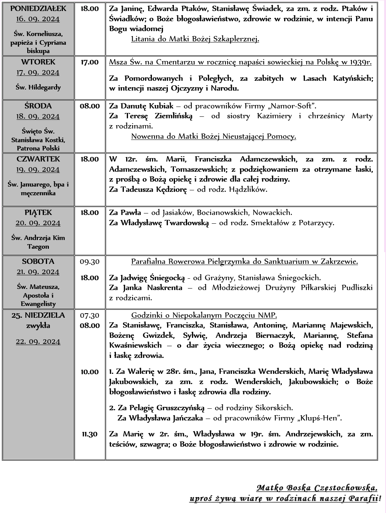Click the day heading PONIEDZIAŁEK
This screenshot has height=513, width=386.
(38, 8)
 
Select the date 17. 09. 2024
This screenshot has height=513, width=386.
(38, 72)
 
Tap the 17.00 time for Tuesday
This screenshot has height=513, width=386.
(89, 62)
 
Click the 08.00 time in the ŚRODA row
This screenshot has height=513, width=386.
(89, 106)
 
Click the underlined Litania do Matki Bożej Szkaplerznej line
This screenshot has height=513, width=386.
(195, 39)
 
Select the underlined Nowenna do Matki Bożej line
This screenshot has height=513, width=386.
(214, 136)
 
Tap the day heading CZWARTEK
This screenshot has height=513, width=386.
(38, 159)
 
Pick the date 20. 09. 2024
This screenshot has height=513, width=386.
(38, 223)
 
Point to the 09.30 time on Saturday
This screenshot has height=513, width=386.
(89, 262)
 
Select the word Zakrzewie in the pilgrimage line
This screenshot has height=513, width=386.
(339, 261)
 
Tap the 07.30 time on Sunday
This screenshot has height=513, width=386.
(89, 315)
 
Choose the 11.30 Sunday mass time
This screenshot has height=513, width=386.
(89, 434)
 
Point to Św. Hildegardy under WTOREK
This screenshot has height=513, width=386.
(38, 87)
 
